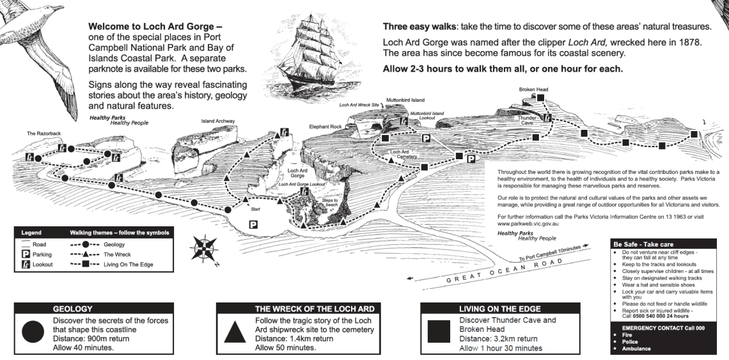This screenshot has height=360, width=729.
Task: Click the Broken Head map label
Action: [533, 90]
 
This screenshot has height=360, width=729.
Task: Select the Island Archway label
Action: [217, 121]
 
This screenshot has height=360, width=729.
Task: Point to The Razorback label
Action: [43, 134]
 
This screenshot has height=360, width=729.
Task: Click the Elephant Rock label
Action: [325, 127]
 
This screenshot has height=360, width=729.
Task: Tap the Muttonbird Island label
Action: [405, 100]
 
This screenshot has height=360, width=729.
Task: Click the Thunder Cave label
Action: [527, 120]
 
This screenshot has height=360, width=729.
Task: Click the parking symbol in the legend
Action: [26, 254]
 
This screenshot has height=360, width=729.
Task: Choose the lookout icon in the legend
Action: [26, 264]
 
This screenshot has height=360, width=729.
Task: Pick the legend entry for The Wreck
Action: [100, 254]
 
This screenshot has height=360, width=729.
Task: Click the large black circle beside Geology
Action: [33, 332]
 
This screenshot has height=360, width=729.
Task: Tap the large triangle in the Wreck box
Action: [235, 332]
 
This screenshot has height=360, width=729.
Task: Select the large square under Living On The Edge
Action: [439, 332]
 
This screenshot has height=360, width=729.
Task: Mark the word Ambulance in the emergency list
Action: [636, 349]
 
